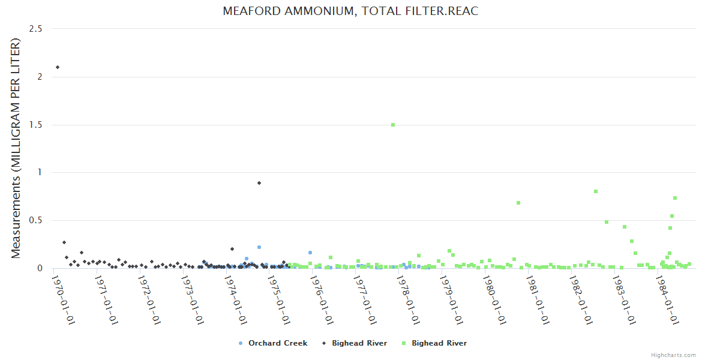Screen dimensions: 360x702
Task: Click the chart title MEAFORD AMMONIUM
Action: (350, 11)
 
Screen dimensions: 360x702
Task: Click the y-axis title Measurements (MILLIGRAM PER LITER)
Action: (16, 148)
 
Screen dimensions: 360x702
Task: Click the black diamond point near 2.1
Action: (58, 67)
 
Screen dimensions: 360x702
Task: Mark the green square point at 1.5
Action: (393, 125)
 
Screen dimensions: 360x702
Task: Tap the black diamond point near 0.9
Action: (259, 183)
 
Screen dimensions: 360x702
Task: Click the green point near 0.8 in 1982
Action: (596, 191)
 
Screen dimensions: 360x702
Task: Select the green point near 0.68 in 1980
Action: (518, 203)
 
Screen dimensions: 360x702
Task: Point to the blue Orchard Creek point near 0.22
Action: (259, 247)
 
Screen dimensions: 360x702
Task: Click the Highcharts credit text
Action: (673, 355)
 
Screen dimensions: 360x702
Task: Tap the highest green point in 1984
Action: (675, 198)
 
